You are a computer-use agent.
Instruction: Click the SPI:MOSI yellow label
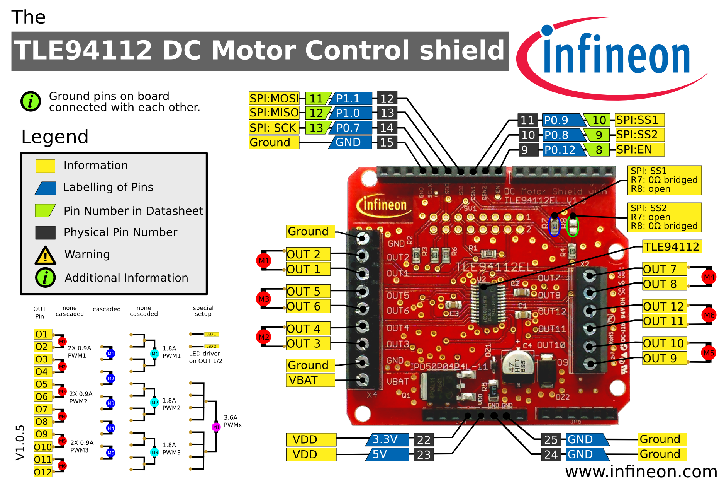[274, 99]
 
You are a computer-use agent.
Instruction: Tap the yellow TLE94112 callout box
[672, 247]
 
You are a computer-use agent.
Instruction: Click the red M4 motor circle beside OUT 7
[709, 277]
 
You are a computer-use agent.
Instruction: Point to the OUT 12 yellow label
[664, 306]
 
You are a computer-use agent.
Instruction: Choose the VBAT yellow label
[310, 380]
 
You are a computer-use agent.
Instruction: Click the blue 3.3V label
[386, 440]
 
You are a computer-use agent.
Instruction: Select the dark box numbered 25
[551, 440]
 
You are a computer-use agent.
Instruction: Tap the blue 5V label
[386, 454]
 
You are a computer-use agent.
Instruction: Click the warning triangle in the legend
[46, 256]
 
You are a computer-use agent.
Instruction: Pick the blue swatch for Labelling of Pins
[46, 188]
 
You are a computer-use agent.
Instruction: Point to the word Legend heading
[55, 137]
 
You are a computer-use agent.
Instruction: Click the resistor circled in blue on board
[554, 225]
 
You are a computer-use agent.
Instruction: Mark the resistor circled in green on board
[572, 225]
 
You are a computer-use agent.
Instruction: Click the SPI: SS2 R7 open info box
[664, 217]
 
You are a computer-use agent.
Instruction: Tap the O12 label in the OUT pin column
[43, 472]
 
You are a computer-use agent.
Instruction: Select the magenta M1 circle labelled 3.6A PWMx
[216, 427]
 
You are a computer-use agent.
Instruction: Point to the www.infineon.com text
[641, 471]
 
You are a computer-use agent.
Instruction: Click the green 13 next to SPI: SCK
[316, 128]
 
